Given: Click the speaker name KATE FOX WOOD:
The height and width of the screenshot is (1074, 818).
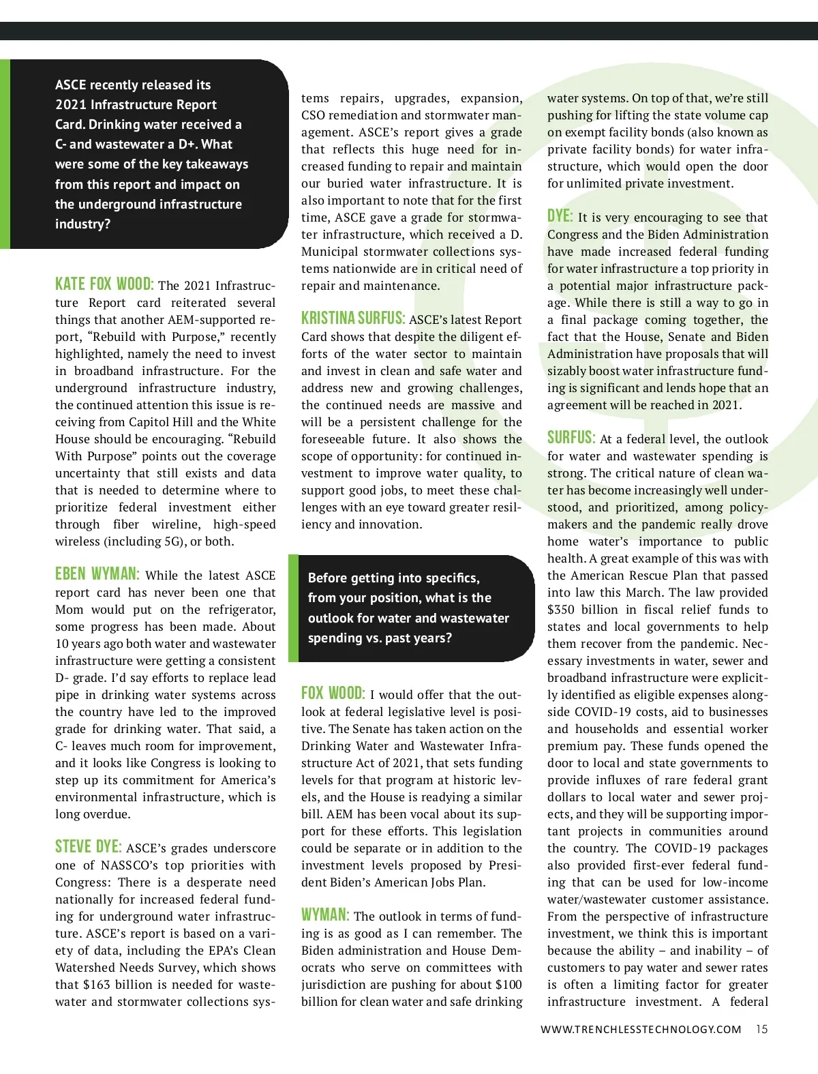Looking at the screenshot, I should tap(104, 284).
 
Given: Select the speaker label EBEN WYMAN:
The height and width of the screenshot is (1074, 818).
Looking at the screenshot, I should tap(97, 574).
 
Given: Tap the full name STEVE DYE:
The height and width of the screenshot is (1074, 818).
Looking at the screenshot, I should tap(89, 847).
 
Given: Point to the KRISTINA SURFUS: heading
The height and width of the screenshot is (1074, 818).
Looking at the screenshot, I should tap(353, 318).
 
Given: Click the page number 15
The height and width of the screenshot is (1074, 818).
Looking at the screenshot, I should tap(761, 1029).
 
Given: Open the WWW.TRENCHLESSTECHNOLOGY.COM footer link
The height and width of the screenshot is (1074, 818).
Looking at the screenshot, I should tap(641, 1030).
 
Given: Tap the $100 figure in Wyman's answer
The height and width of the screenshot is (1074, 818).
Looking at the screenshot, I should tap(508, 985).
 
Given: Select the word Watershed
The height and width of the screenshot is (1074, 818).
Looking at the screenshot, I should tap(84, 968).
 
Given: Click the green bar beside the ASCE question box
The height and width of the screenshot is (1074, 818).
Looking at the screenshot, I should tap(5, 154).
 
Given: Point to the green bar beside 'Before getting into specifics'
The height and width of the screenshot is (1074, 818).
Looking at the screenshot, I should tap(293, 608).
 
